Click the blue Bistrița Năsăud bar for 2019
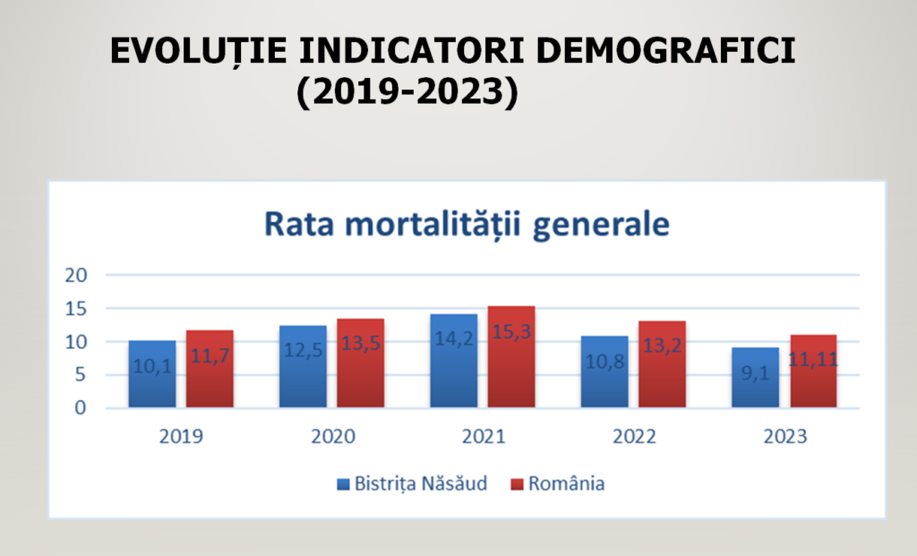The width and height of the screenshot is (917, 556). (x=151, y=374)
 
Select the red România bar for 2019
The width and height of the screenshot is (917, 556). (x=210, y=369)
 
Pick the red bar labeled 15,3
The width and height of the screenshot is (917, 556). (x=511, y=357)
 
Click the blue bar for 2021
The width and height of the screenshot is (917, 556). (x=453, y=361)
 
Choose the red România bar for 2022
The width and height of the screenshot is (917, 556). (x=663, y=364)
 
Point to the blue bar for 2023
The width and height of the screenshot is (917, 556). (x=755, y=378)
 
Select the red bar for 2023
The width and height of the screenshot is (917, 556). (x=813, y=372)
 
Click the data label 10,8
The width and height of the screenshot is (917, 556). (x=604, y=367)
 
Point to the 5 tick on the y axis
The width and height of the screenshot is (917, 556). (x=80, y=375)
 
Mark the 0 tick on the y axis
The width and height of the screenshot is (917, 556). (x=80, y=408)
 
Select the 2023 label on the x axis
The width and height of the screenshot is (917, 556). (x=784, y=438)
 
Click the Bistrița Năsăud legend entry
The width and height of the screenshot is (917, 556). (x=412, y=484)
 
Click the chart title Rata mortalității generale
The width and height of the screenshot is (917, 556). (x=467, y=224)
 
